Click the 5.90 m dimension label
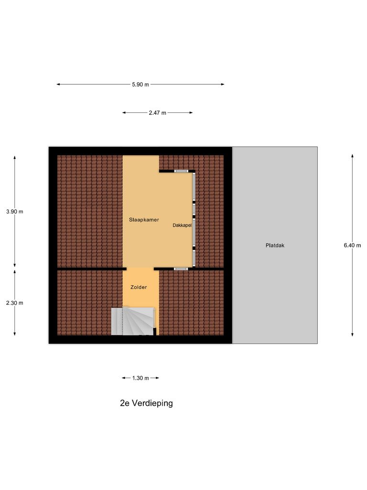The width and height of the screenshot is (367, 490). (140, 84)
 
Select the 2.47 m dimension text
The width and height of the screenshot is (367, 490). (157, 113)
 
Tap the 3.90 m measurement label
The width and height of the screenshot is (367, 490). (14, 212)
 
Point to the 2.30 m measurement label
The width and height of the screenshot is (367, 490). (14, 302)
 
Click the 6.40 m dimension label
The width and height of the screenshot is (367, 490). (352, 245)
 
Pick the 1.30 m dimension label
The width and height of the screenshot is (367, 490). (140, 378)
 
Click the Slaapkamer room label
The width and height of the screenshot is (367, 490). (143, 220)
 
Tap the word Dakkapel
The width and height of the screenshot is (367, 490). (182, 224)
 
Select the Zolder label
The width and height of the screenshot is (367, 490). (139, 287)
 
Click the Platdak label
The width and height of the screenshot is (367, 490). (275, 245)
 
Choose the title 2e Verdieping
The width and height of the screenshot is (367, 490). (146, 403)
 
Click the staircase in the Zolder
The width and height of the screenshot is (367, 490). (132, 321)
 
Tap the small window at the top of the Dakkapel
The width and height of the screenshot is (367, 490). (182, 171)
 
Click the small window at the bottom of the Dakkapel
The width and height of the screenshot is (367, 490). (181, 269)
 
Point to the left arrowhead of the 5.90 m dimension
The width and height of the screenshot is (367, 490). (58, 84)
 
